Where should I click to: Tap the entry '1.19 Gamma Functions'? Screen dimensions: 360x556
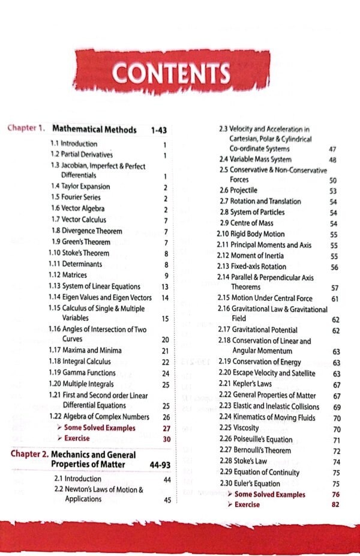coord(83,373)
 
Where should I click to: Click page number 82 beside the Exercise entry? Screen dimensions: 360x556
coord(334,505)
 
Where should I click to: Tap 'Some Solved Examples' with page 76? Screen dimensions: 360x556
coord(269,494)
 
